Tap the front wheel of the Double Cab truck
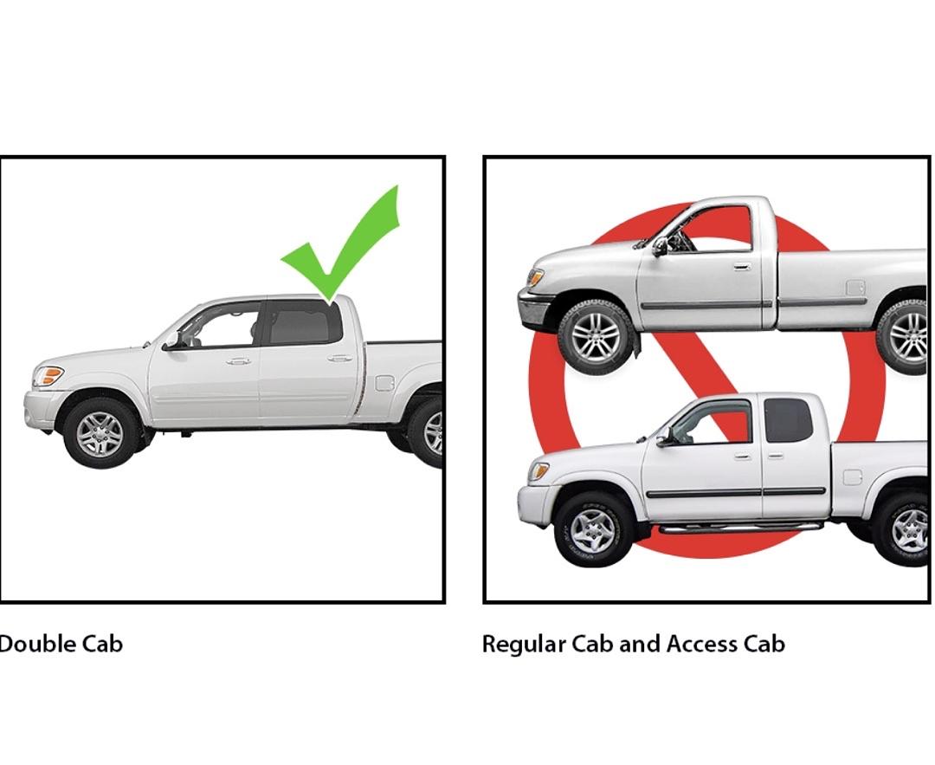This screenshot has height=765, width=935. [101, 432]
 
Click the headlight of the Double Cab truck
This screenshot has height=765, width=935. [48, 376]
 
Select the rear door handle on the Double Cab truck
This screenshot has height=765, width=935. [340, 359]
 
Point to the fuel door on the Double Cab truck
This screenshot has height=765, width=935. [384, 383]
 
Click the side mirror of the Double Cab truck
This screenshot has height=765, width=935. [172, 340]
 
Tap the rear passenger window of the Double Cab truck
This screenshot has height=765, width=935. [302, 323]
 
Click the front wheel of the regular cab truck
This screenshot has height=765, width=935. [596, 337]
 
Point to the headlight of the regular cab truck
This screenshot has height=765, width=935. [535, 277]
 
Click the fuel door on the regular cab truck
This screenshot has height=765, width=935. [855, 288]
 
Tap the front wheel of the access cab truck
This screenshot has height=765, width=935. [593, 530]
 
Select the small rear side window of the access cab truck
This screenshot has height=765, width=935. [789, 420]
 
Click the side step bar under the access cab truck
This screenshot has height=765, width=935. [740, 528]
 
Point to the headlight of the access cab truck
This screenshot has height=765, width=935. [538, 471]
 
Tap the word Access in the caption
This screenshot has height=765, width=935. [702, 644]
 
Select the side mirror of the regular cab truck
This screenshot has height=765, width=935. [660, 246]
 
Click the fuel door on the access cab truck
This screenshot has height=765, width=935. [853, 477]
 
